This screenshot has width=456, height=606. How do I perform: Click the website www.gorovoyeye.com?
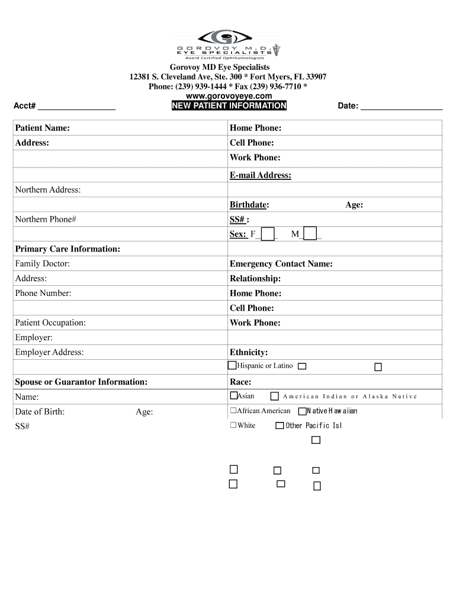[228, 96]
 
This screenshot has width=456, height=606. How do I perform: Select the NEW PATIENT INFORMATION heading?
[229, 106]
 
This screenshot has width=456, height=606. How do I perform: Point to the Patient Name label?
[42, 128]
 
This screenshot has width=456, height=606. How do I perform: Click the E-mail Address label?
[260, 175]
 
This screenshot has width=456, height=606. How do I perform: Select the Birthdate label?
[249, 205]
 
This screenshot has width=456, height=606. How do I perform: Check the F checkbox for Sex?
[268, 234]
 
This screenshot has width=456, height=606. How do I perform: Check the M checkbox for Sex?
[310, 234]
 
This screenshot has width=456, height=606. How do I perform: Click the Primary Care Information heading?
[68, 249]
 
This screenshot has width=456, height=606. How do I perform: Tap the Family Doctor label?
[42, 264]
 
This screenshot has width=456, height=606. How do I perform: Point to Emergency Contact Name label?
[281, 264]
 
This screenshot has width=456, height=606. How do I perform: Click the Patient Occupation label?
[50, 323]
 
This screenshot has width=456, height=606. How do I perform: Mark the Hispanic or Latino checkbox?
[233, 366]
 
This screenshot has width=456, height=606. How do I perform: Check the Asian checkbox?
[233, 396]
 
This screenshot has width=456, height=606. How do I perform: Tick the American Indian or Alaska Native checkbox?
[275, 397]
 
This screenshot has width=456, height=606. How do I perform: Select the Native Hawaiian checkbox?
[302, 411]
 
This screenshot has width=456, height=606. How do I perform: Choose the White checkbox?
[233, 426]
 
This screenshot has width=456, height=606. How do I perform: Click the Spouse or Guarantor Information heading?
[81, 382]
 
